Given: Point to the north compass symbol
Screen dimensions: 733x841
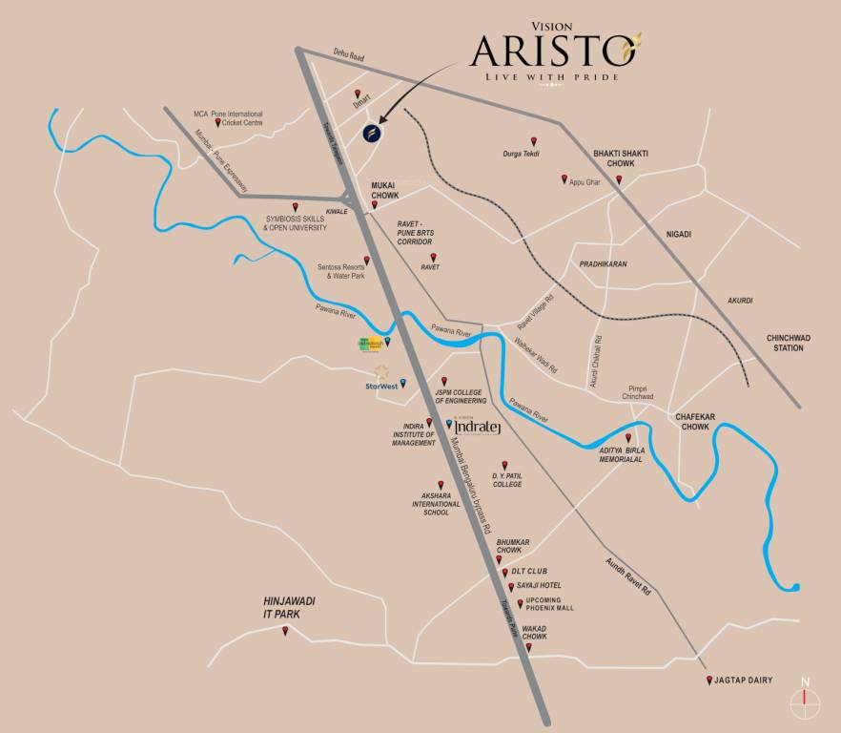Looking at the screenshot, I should [806, 700].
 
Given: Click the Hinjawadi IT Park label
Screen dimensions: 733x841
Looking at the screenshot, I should [289, 607].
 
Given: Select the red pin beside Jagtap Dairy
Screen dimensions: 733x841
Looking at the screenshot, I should [708, 681].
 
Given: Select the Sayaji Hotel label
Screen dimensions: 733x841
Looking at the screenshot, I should [539, 585].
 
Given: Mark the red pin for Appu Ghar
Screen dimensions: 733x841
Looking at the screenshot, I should [564, 178].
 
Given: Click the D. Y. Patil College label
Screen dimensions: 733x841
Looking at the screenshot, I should [507, 479].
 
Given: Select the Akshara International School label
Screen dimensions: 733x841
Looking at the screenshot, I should [437, 504].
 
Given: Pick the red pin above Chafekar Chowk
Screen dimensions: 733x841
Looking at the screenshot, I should [655, 410].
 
